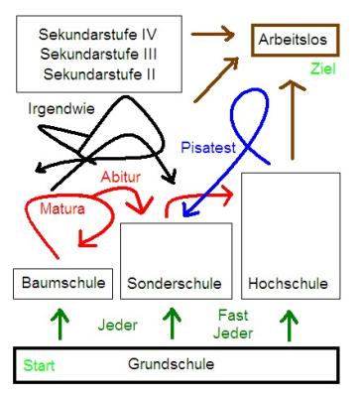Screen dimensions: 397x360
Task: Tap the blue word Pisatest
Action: pyautogui.click(x=208, y=146)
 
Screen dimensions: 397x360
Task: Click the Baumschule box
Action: pyautogui.click(x=60, y=284)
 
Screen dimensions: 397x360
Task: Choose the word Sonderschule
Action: pyautogui.click(x=175, y=284)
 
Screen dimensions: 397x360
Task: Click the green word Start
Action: pyautogui.click(x=40, y=366)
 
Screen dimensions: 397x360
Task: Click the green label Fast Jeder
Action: pyautogui.click(x=233, y=324)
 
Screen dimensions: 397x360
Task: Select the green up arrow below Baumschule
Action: pyautogui.click(x=60, y=324)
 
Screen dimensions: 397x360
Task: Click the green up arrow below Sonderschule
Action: pyautogui.click(x=173, y=324)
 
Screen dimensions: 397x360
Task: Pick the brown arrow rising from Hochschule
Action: pyautogui.click(x=293, y=119)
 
